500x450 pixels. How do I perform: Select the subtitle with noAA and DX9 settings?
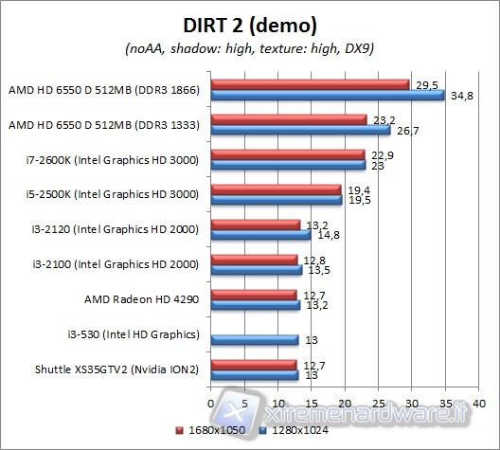pos(250,48)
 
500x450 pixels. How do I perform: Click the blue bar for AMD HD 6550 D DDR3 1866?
pos(328,95)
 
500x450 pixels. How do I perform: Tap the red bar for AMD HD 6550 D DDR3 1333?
pos(289,119)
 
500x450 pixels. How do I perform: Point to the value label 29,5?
pos(424,84)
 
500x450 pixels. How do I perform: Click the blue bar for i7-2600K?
pos(288,165)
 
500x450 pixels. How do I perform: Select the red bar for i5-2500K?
pos(276,189)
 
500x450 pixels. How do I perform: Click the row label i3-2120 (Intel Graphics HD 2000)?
pos(112,228)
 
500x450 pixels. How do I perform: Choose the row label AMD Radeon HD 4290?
pos(142,298)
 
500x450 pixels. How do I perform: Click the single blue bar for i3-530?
pos(254,339)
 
